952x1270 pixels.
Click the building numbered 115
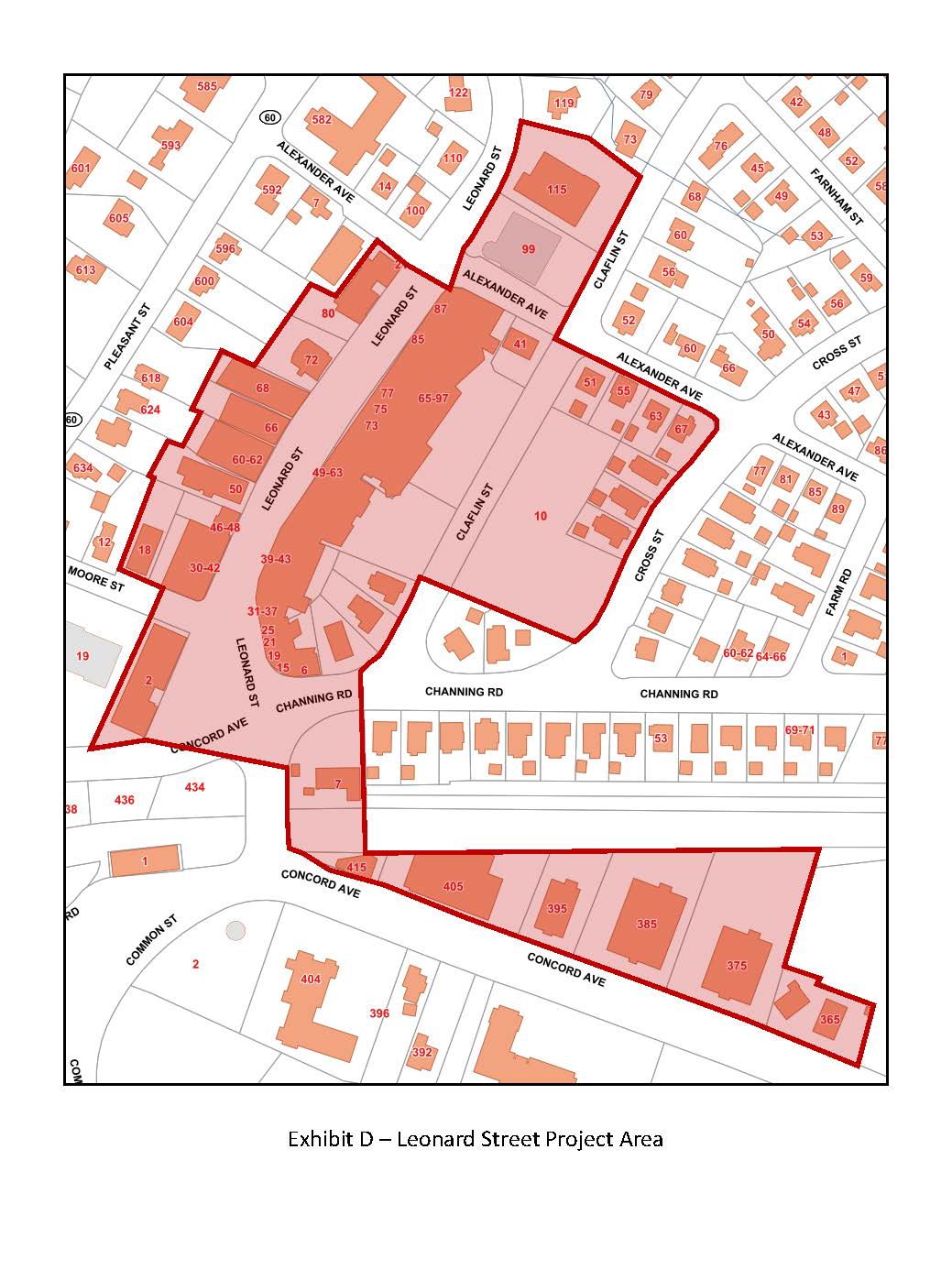(556, 190)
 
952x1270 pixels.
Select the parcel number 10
(541, 516)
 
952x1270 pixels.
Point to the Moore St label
(95, 578)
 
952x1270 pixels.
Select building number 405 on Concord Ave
(453, 886)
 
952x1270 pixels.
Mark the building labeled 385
(647, 924)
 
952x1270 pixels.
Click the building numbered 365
(829, 1019)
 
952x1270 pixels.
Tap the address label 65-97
(432, 398)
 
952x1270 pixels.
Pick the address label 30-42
(204, 567)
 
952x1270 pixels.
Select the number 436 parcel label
(125, 800)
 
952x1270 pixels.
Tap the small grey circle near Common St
(236, 931)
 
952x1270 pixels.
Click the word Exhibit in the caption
(318, 1139)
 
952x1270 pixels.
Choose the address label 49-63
(327, 473)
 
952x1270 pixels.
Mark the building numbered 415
(356, 867)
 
